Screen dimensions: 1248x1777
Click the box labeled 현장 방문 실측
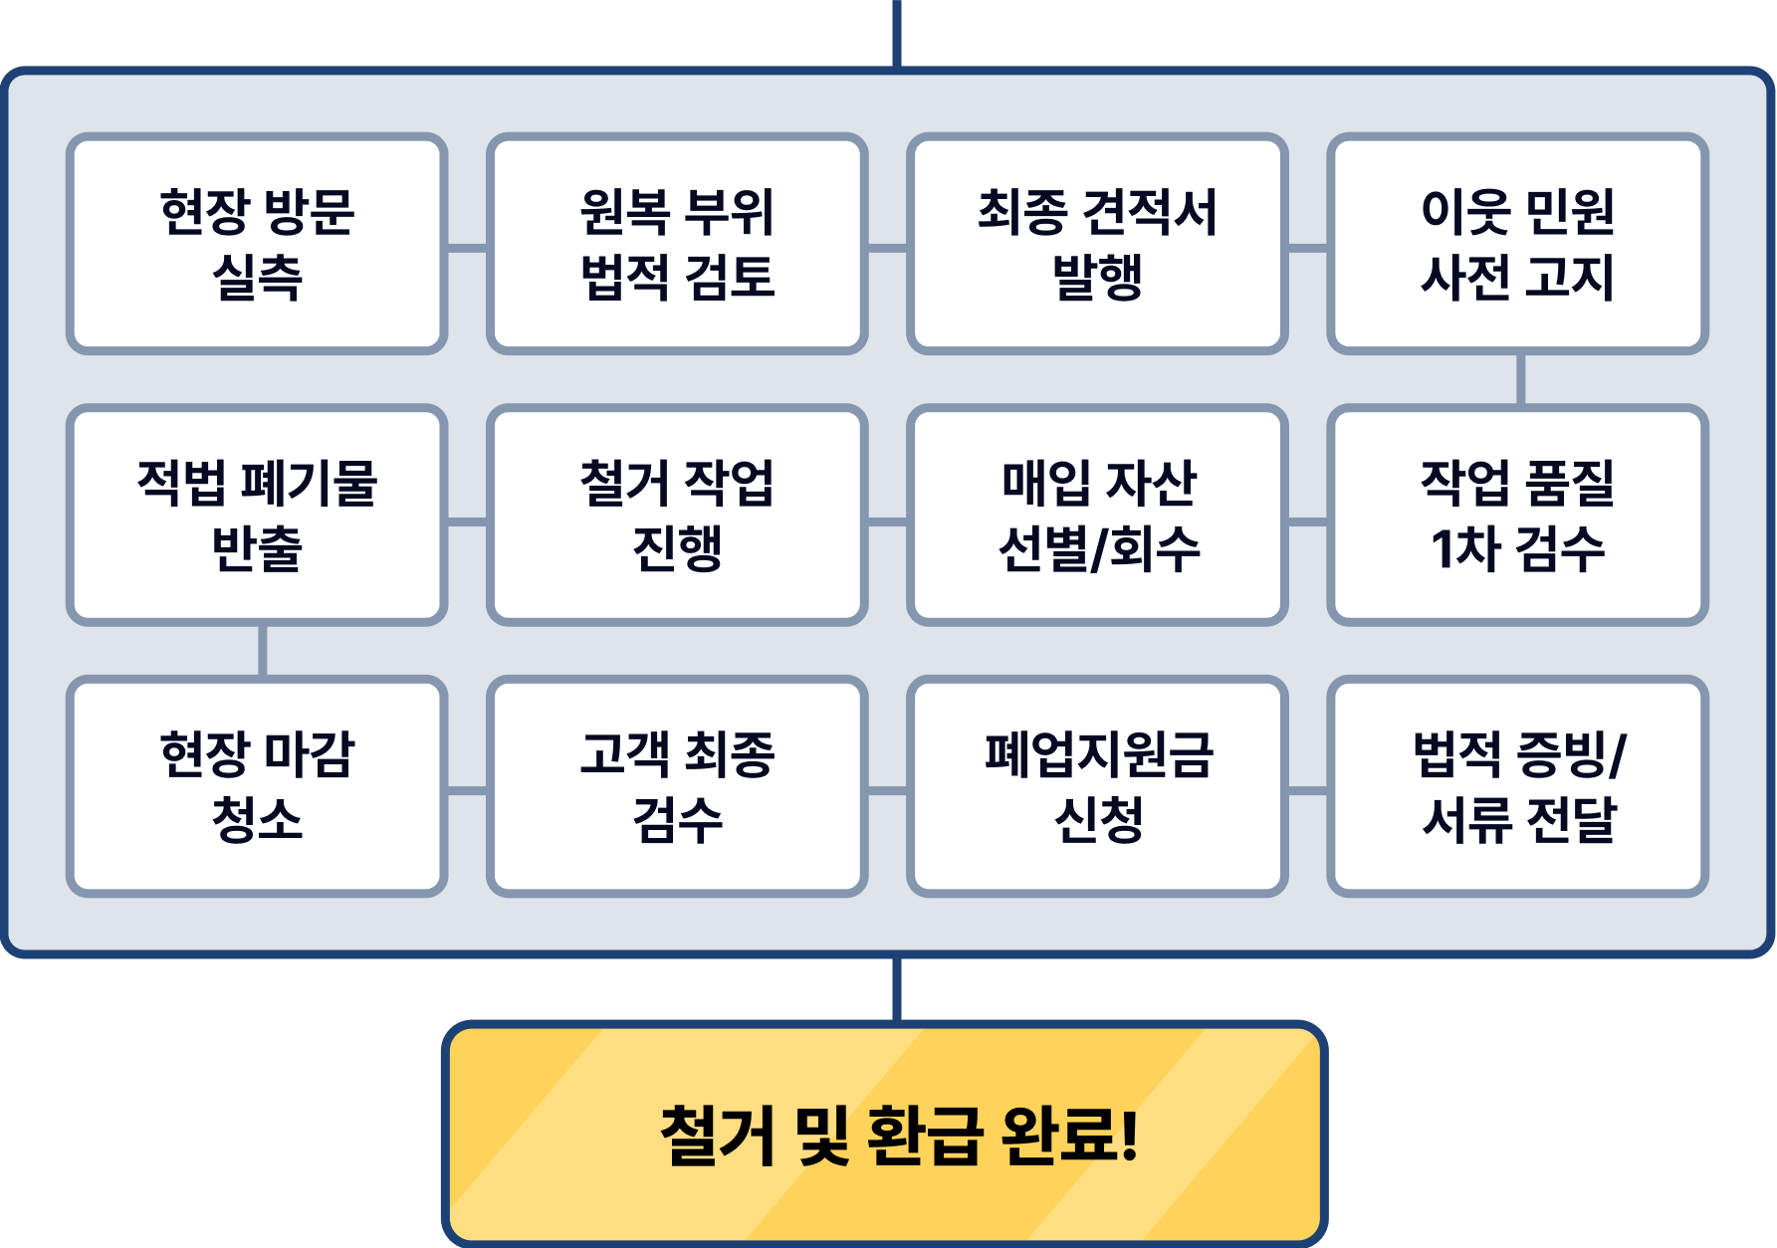coord(257,244)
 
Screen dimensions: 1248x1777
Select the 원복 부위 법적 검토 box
coord(677,244)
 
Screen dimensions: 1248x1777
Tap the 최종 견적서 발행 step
coord(1097,244)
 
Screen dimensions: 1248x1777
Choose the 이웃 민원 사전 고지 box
coord(1517,244)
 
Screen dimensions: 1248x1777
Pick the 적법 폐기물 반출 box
coord(257,515)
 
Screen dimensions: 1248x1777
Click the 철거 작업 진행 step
coord(677,515)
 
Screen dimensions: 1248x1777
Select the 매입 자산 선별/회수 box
coord(1097,515)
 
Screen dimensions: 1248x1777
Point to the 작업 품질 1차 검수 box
coord(1517,515)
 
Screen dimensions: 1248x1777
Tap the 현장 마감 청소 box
coord(257,786)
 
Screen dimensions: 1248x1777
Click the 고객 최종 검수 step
coord(677,786)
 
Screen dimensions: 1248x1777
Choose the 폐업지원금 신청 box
coord(1097,786)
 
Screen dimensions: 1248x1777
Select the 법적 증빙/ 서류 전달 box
coord(1517,786)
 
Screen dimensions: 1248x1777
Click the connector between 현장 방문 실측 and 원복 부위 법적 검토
coord(467,247)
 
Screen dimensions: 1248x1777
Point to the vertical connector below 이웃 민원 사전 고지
coord(1520,379)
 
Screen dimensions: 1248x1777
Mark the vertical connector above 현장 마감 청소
coord(262,651)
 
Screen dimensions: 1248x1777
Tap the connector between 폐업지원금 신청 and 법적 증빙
coord(1307,791)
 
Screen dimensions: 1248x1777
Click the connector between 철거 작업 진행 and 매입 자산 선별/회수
coord(887,520)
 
